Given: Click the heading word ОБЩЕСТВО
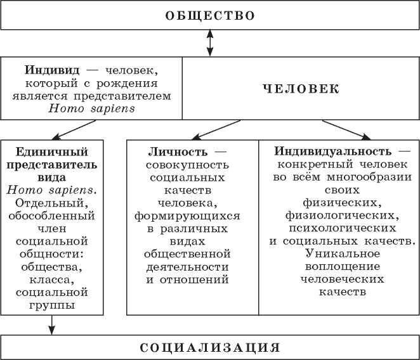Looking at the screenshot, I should pyautogui.click(x=209, y=15).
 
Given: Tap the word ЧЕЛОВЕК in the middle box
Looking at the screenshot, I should pyautogui.click(x=301, y=89).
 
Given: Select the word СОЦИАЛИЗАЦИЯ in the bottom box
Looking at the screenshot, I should pyautogui.click(x=209, y=347).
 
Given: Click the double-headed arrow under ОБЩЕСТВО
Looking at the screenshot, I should pyautogui.click(x=209, y=44).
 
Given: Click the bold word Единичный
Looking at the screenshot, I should pyautogui.click(x=51, y=152).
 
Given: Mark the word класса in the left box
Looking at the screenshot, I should pyautogui.click(x=51, y=279).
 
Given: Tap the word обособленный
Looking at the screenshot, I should pyautogui.click(x=51, y=216).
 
